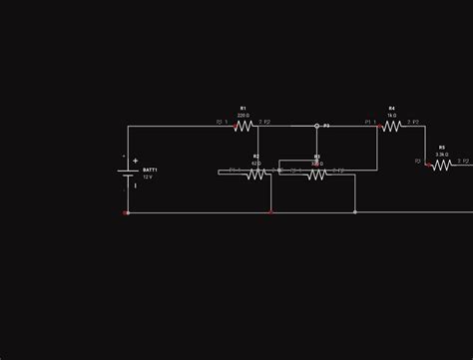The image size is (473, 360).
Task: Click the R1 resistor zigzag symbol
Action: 243,126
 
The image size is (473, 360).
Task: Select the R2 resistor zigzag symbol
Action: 256,174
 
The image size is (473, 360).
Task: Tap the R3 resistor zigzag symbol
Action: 316,174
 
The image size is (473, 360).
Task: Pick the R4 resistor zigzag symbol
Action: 392,126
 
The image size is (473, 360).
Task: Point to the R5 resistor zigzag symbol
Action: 441,166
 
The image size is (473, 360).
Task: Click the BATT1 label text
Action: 150,171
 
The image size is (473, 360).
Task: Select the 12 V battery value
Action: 149,178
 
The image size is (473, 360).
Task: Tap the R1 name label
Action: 242,108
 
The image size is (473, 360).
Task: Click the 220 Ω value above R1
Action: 243,115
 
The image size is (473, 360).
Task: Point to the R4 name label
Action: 391,108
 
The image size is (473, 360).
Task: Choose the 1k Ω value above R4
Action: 392,115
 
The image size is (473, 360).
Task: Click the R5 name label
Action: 441,147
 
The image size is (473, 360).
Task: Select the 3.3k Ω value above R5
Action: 441,155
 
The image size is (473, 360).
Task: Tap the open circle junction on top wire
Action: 317,126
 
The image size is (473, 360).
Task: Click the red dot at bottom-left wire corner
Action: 127,212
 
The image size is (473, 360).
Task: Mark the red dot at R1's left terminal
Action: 234,127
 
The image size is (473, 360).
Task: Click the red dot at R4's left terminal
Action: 380,127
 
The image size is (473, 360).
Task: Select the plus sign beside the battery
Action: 136,161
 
